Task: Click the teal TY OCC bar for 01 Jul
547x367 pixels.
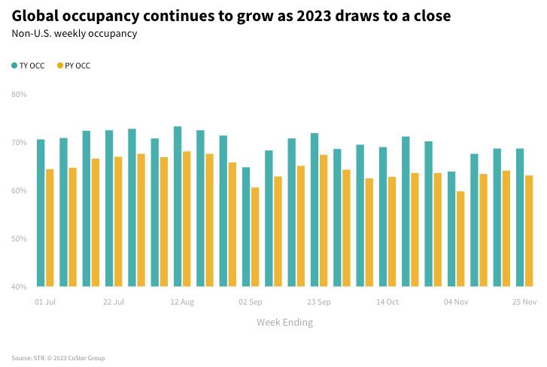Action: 41,213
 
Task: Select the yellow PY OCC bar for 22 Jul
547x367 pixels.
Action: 118,222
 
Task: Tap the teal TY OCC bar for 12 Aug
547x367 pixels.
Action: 178,206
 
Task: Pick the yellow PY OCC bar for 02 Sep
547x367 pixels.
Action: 255,237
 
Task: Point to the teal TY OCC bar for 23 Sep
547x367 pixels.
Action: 315,210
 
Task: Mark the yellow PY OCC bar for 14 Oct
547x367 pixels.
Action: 392,232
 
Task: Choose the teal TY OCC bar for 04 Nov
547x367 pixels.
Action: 451,229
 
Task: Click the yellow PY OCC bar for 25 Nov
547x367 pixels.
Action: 529,231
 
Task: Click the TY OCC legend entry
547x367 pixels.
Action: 29,65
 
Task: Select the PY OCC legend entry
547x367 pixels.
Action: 74,65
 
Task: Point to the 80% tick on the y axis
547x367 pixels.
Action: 19,95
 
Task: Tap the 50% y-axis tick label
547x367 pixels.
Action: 19,238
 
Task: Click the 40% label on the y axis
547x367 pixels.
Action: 19,287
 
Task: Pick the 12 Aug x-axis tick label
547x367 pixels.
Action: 182,302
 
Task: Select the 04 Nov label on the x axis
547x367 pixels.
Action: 456,302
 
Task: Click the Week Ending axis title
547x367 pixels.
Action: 284,323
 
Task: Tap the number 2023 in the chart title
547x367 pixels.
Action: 314,16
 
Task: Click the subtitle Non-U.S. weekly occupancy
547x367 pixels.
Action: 74,33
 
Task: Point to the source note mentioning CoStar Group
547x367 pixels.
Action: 58,358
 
